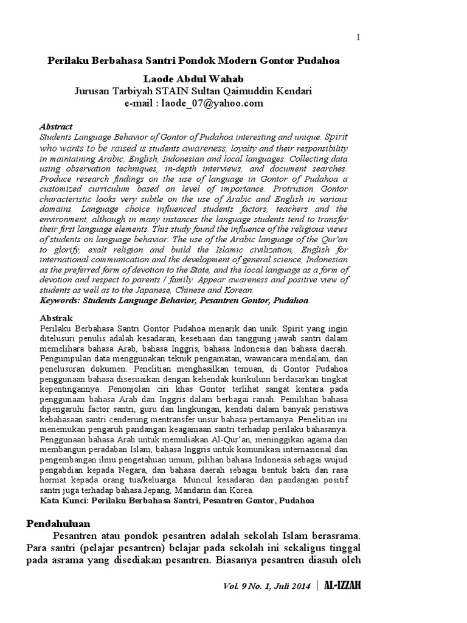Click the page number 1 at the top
click(358, 38)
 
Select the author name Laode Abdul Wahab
click(193, 80)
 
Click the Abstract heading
click(55, 127)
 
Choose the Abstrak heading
click(56, 318)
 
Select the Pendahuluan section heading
click(58, 523)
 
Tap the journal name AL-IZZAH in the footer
click(343, 585)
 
